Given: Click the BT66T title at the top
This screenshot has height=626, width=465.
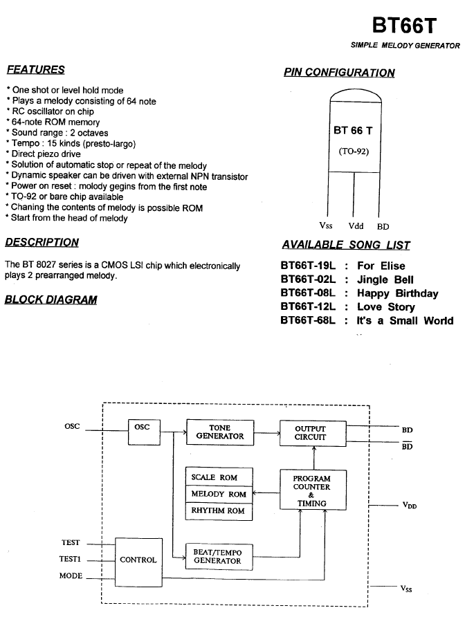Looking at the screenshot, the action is (404, 26).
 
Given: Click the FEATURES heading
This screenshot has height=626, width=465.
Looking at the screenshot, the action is (35, 69).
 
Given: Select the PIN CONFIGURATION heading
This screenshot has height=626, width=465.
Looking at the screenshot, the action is (339, 72).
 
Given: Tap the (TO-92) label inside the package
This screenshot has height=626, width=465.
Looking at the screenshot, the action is (354, 151).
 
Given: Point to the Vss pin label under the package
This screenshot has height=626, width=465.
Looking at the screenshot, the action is (326, 225).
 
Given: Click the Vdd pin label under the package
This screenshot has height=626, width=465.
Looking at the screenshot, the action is (356, 226).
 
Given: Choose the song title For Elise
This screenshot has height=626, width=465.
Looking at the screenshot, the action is (381, 266).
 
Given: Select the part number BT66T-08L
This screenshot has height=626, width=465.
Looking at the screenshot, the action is (308, 293).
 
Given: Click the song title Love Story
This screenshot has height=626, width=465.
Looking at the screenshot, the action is (386, 306).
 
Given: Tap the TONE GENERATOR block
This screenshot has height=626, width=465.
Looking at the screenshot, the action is (220, 432).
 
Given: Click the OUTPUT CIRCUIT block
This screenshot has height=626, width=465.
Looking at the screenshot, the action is (313, 433).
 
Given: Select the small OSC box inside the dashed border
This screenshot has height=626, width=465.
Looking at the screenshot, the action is (144, 432).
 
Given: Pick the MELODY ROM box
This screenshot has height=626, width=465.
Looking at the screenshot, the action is (219, 495).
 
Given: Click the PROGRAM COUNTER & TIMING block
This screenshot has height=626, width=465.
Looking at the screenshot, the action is (313, 490).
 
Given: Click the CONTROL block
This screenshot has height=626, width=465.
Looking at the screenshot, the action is (138, 562).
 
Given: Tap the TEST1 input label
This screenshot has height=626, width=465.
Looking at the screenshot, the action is (70, 559).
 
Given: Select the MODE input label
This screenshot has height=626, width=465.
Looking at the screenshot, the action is (71, 576).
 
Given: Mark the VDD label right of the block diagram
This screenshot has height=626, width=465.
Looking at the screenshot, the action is (410, 506).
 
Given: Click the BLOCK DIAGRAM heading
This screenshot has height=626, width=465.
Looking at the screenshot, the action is (51, 300).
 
